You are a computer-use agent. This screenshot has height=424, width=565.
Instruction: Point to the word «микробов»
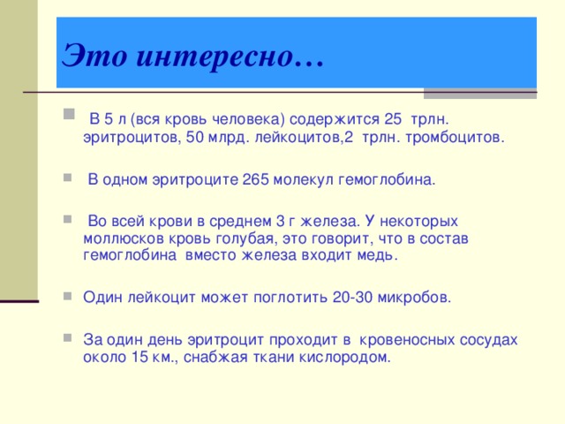coord(416,298)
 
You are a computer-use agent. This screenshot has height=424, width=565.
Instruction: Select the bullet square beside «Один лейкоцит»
coord(69,296)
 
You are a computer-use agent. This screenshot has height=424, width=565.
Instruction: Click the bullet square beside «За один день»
coord(69,338)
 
